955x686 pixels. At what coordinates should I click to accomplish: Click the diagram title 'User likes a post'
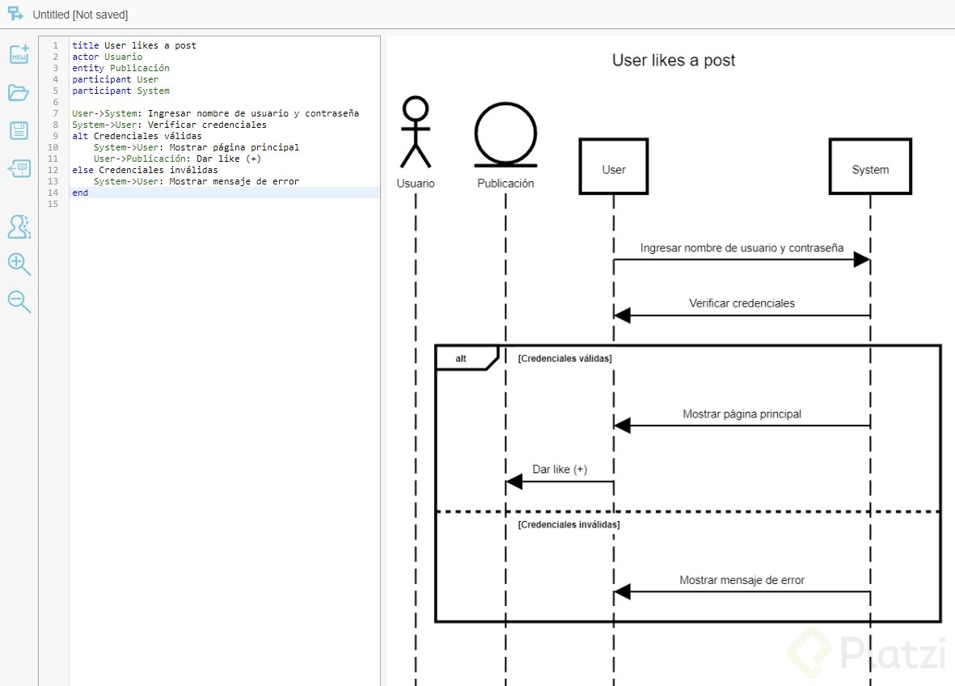[673, 61]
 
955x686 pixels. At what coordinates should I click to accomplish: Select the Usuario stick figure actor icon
[416, 133]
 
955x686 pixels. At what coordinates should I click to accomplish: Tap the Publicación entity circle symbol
[505, 134]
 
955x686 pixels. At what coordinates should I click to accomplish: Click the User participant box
[613, 167]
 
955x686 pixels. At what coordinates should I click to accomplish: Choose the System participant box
[870, 167]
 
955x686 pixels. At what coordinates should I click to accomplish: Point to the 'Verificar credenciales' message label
[742, 303]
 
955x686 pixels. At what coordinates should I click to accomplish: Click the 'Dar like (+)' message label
[560, 469]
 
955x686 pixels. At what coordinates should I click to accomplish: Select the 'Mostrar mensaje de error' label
[742, 580]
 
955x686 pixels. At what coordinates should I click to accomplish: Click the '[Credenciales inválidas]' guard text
[568, 525]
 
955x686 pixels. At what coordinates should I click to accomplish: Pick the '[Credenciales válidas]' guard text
[564, 358]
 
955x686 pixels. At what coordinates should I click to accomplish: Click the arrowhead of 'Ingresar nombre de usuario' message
[861, 260]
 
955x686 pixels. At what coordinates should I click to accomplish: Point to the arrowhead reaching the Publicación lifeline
[514, 482]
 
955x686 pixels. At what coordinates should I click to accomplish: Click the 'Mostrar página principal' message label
[742, 414]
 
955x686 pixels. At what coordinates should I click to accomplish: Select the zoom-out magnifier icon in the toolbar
[19, 302]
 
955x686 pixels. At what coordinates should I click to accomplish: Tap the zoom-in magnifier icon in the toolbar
[19, 264]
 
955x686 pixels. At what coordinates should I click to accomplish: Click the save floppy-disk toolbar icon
[19, 131]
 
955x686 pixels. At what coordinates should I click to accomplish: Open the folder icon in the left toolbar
[19, 93]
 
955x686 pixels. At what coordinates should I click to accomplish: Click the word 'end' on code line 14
[79, 193]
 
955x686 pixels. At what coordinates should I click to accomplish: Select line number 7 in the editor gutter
[55, 113]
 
